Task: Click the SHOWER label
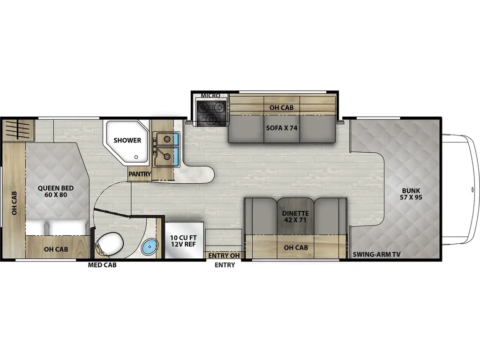click(128, 140)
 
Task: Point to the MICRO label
click(210, 96)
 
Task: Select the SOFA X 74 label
click(282, 128)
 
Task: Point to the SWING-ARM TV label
click(377, 255)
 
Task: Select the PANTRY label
click(140, 174)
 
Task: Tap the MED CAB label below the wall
click(102, 265)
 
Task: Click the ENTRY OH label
click(224, 255)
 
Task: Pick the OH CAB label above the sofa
click(281, 107)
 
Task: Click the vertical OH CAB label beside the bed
click(14, 202)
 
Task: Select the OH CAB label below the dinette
click(296, 247)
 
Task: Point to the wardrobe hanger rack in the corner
click(18, 129)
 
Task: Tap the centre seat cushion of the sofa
click(282, 129)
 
